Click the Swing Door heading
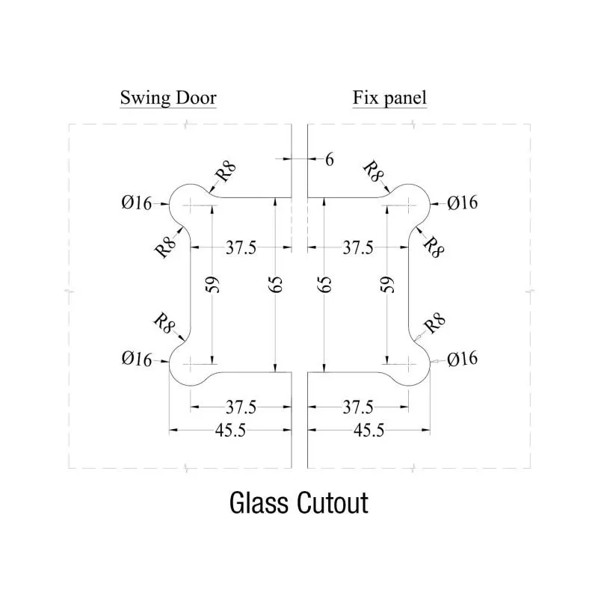[168, 98]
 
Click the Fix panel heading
[389, 98]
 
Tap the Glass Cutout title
[298, 503]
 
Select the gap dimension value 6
[328, 158]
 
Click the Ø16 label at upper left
[136, 203]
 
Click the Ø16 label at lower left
[136, 360]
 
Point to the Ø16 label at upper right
[463, 203]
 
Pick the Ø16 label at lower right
[463, 360]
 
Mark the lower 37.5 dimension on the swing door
[241, 407]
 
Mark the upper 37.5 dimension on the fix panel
[358, 247]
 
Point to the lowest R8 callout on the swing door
[164, 323]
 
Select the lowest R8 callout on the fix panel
[435, 324]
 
